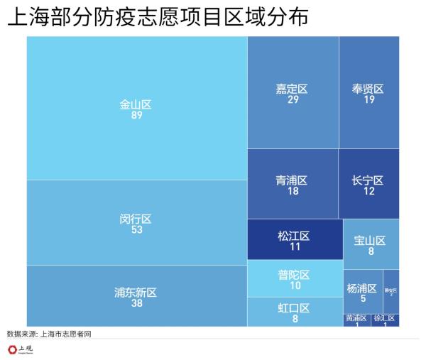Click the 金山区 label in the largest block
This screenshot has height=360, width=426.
click(x=136, y=104)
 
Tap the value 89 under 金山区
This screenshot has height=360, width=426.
click(x=136, y=115)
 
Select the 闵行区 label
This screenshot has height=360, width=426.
click(x=136, y=219)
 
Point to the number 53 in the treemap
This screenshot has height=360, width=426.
click(x=136, y=229)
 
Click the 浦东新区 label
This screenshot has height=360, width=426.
click(x=136, y=292)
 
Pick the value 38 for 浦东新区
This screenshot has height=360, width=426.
click(x=136, y=303)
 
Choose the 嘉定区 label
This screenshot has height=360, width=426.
click(x=293, y=89)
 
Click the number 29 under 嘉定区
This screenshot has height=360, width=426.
click(x=293, y=99)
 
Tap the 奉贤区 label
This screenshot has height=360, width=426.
click(x=368, y=89)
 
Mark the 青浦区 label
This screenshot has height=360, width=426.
click(x=293, y=180)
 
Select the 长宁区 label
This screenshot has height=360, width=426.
click(x=368, y=180)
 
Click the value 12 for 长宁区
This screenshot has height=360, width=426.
click(x=368, y=191)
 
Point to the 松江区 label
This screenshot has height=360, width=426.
click(x=294, y=235)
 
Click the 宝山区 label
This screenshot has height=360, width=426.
click(x=370, y=240)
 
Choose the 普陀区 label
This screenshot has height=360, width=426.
click(x=294, y=274)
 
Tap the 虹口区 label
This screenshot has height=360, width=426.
click(x=294, y=307)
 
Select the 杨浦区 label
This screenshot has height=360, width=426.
click(x=362, y=288)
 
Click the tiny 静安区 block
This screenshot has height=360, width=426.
click(x=390, y=291)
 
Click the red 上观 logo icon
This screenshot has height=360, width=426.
click(x=13, y=349)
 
